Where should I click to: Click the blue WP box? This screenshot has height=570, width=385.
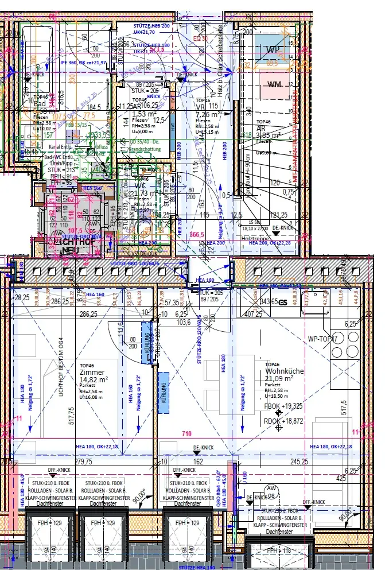(x=272, y=49)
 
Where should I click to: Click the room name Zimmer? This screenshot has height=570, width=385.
(x=92, y=372)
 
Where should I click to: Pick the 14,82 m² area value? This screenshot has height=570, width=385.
(x=94, y=379)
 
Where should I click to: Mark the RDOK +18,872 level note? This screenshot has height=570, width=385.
(x=283, y=421)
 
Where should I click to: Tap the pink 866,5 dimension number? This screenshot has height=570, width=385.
(x=197, y=235)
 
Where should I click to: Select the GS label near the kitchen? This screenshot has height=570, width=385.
(x=282, y=301)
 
